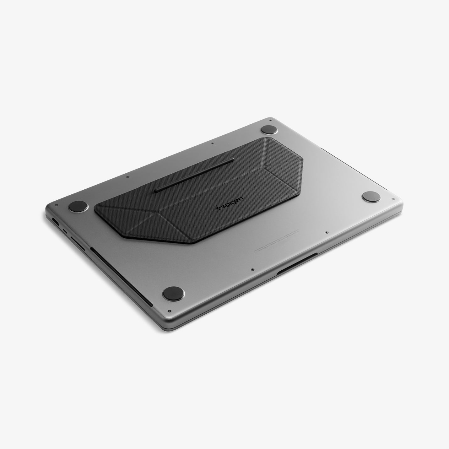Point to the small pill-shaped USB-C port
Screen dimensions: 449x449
coord(65,231)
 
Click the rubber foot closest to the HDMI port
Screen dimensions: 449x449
coord(78,207)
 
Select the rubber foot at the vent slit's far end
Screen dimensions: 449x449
coord(174,293)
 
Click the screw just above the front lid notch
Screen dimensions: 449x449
coord(253,269)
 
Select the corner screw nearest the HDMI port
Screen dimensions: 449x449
coord(56,205)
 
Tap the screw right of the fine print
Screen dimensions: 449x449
coord(327,232)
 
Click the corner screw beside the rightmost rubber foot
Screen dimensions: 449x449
coord(392,199)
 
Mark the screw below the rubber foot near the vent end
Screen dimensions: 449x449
coord(170,311)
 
